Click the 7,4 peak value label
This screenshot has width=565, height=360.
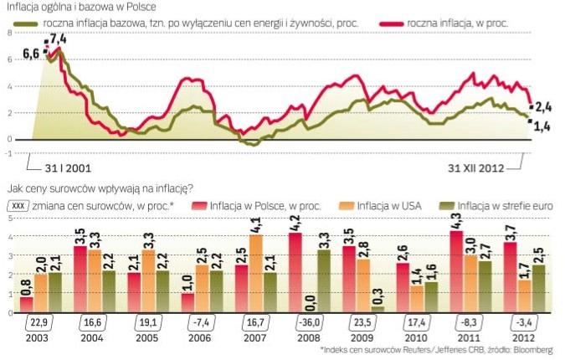pyautogui.click(x=58, y=39)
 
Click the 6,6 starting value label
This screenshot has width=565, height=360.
pyautogui.click(x=31, y=54)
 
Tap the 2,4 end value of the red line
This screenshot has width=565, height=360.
pyautogui.click(x=544, y=106)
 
